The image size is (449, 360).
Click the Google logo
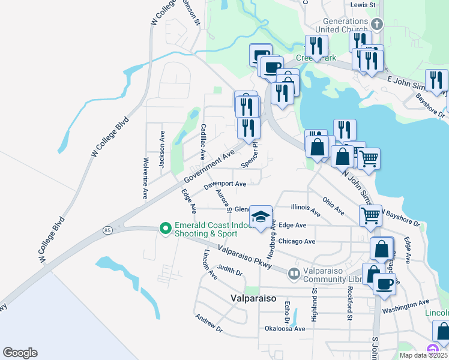point(20,353)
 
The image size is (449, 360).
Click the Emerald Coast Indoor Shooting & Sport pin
point(164,229)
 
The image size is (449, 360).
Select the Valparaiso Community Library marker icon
point(294,274)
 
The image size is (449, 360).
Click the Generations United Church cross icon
point(377,25)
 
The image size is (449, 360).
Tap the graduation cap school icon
point(261,217)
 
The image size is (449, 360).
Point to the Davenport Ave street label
point(225,185)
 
